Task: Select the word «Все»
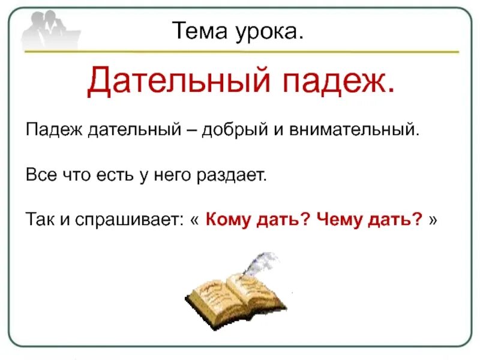[37, 175]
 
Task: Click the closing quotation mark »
[434, 220]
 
